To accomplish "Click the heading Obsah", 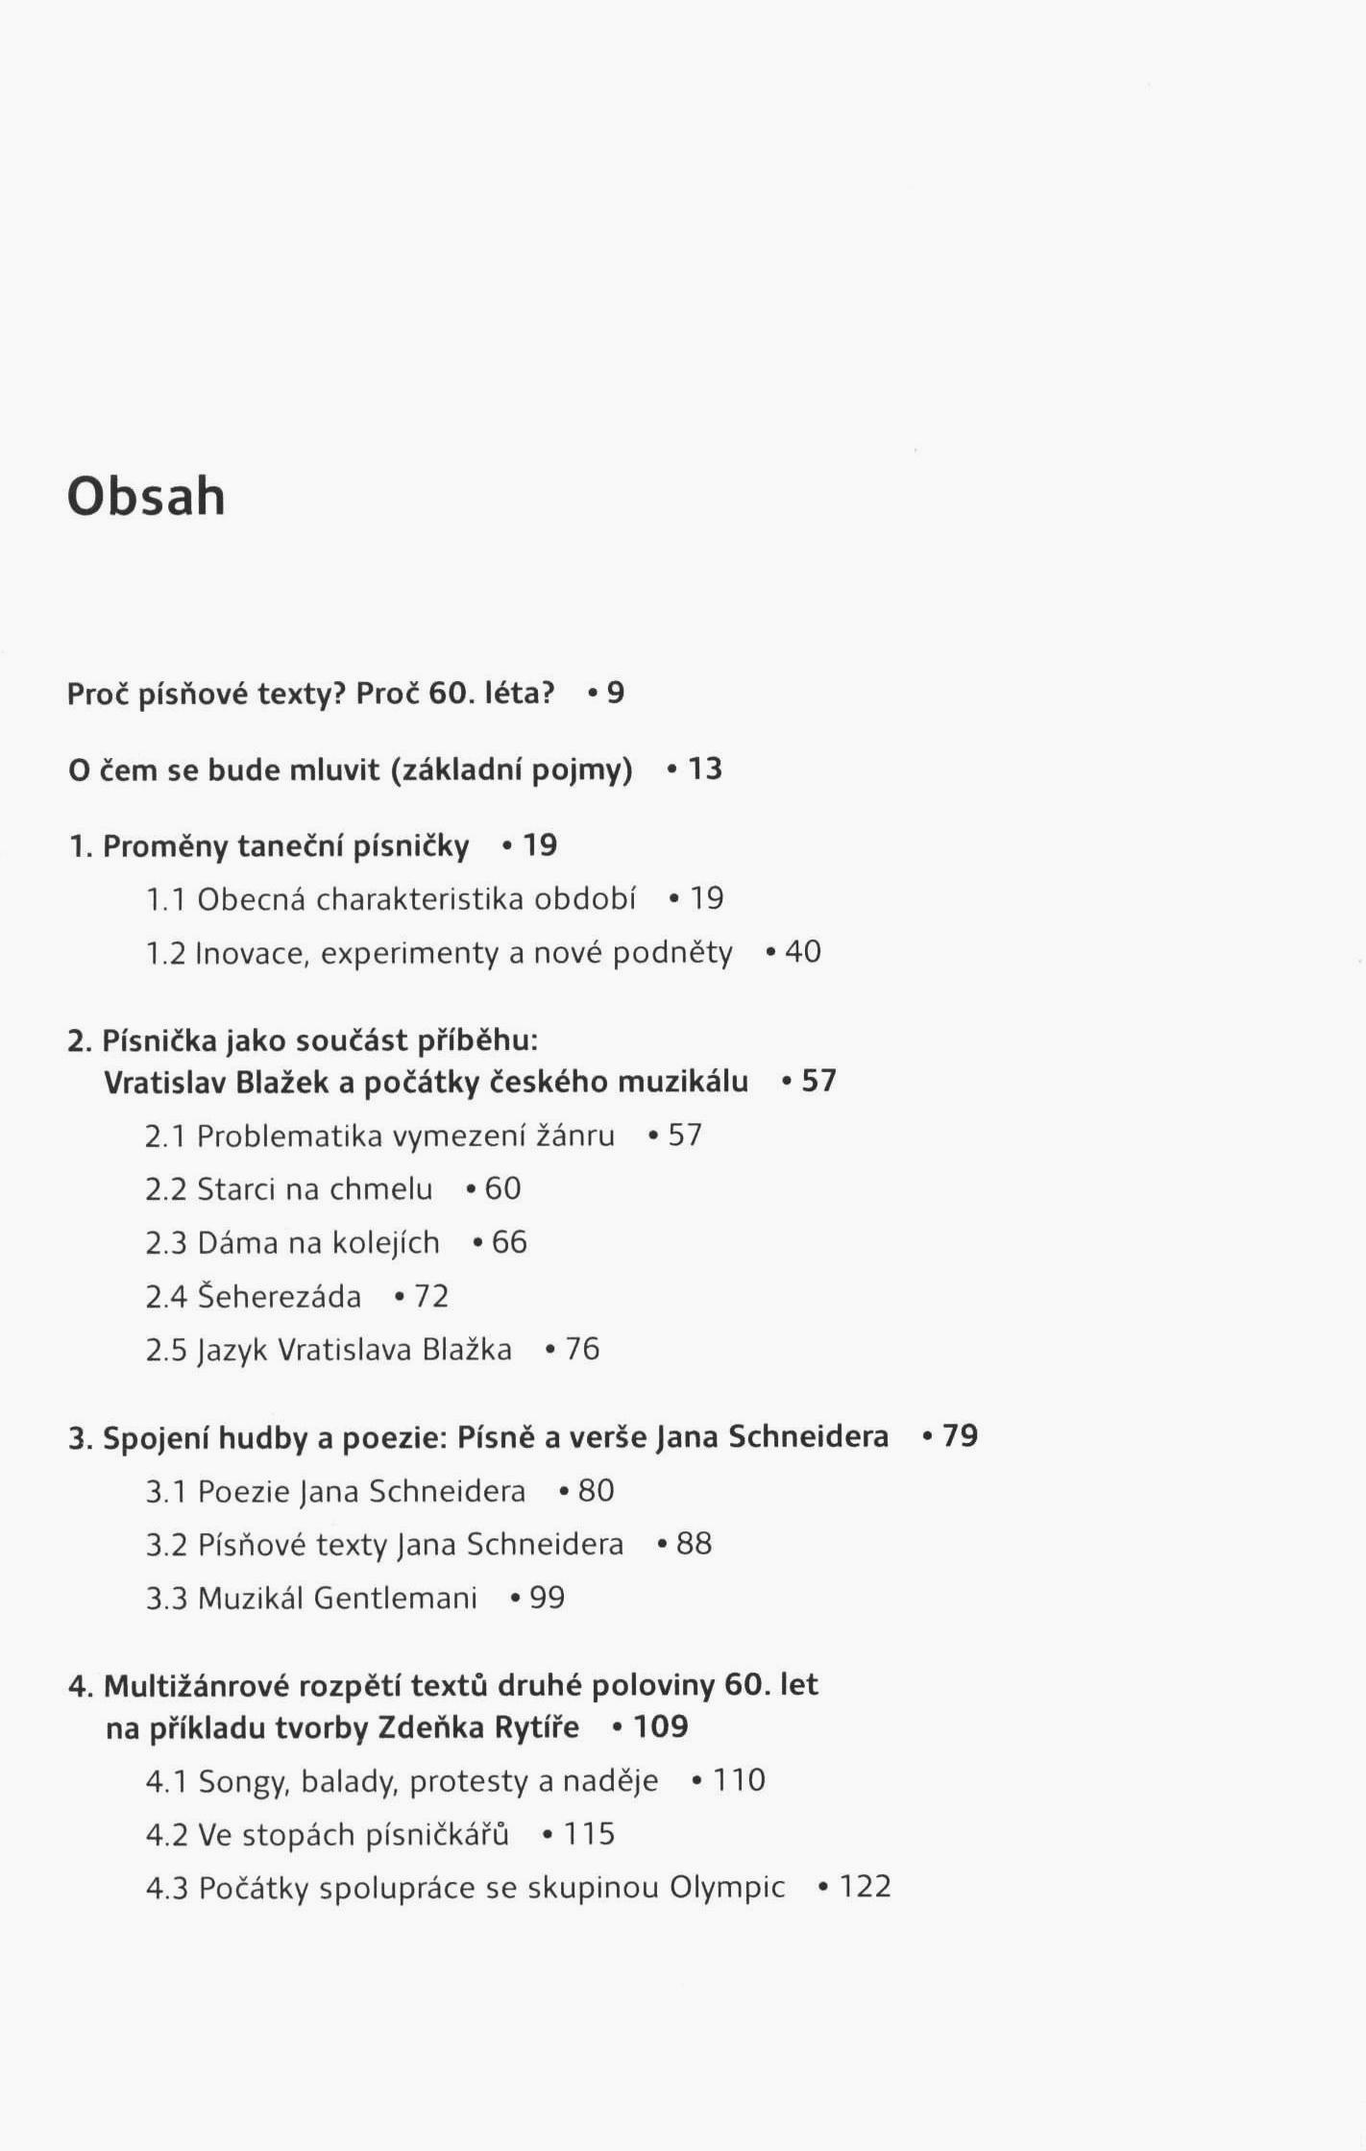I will (146, 498).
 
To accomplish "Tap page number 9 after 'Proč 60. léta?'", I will (616, 693).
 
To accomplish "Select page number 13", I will (705, 770).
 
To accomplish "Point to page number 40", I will (803, 952).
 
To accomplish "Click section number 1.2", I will (165, 953).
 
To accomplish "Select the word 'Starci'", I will (236, 1189).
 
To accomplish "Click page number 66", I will (509, 1242).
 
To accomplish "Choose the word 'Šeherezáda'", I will (280, 1297).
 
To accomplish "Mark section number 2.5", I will (166, 1350).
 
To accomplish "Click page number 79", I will (960, 1436).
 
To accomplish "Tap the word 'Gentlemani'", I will (396, 1598).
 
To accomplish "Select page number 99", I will (548, 1598).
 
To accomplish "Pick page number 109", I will (661, 1727).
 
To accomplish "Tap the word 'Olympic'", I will (727, 1888).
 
